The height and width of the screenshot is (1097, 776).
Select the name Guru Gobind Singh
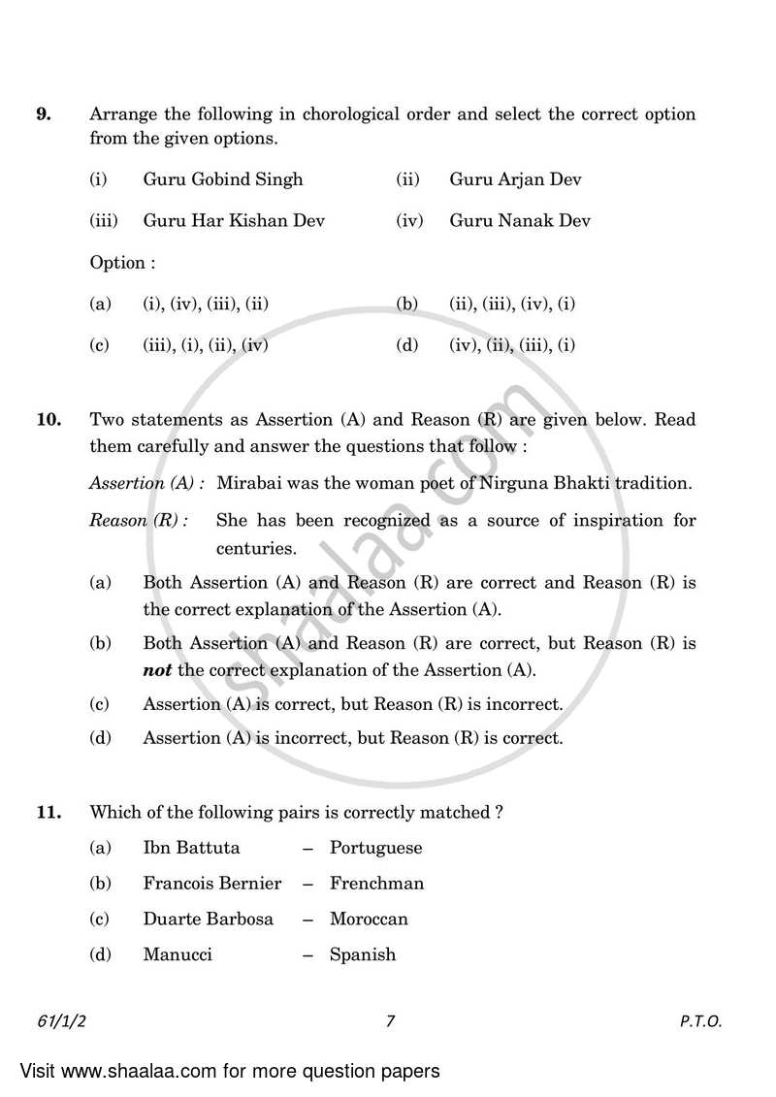[223, 179]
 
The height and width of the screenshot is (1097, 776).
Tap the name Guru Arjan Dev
[515, 179]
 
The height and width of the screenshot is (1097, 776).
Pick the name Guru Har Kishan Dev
[234, 221]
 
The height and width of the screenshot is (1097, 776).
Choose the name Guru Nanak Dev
[520, 221]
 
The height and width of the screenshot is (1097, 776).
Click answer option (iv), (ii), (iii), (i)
[512, 345]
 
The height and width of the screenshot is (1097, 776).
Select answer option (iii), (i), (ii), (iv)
[206, 345]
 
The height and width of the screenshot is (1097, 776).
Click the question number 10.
[48, 420]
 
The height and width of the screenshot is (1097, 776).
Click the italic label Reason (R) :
[138, 521]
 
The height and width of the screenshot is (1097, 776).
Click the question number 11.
[48, 813]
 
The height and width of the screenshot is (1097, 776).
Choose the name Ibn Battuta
[191, 848]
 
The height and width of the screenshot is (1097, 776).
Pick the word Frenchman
[376, 884]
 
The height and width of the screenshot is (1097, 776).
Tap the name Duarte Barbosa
[208, 920]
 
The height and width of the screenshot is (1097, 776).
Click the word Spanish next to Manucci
[363, 955]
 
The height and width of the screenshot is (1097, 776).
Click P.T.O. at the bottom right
[701, 1021]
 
